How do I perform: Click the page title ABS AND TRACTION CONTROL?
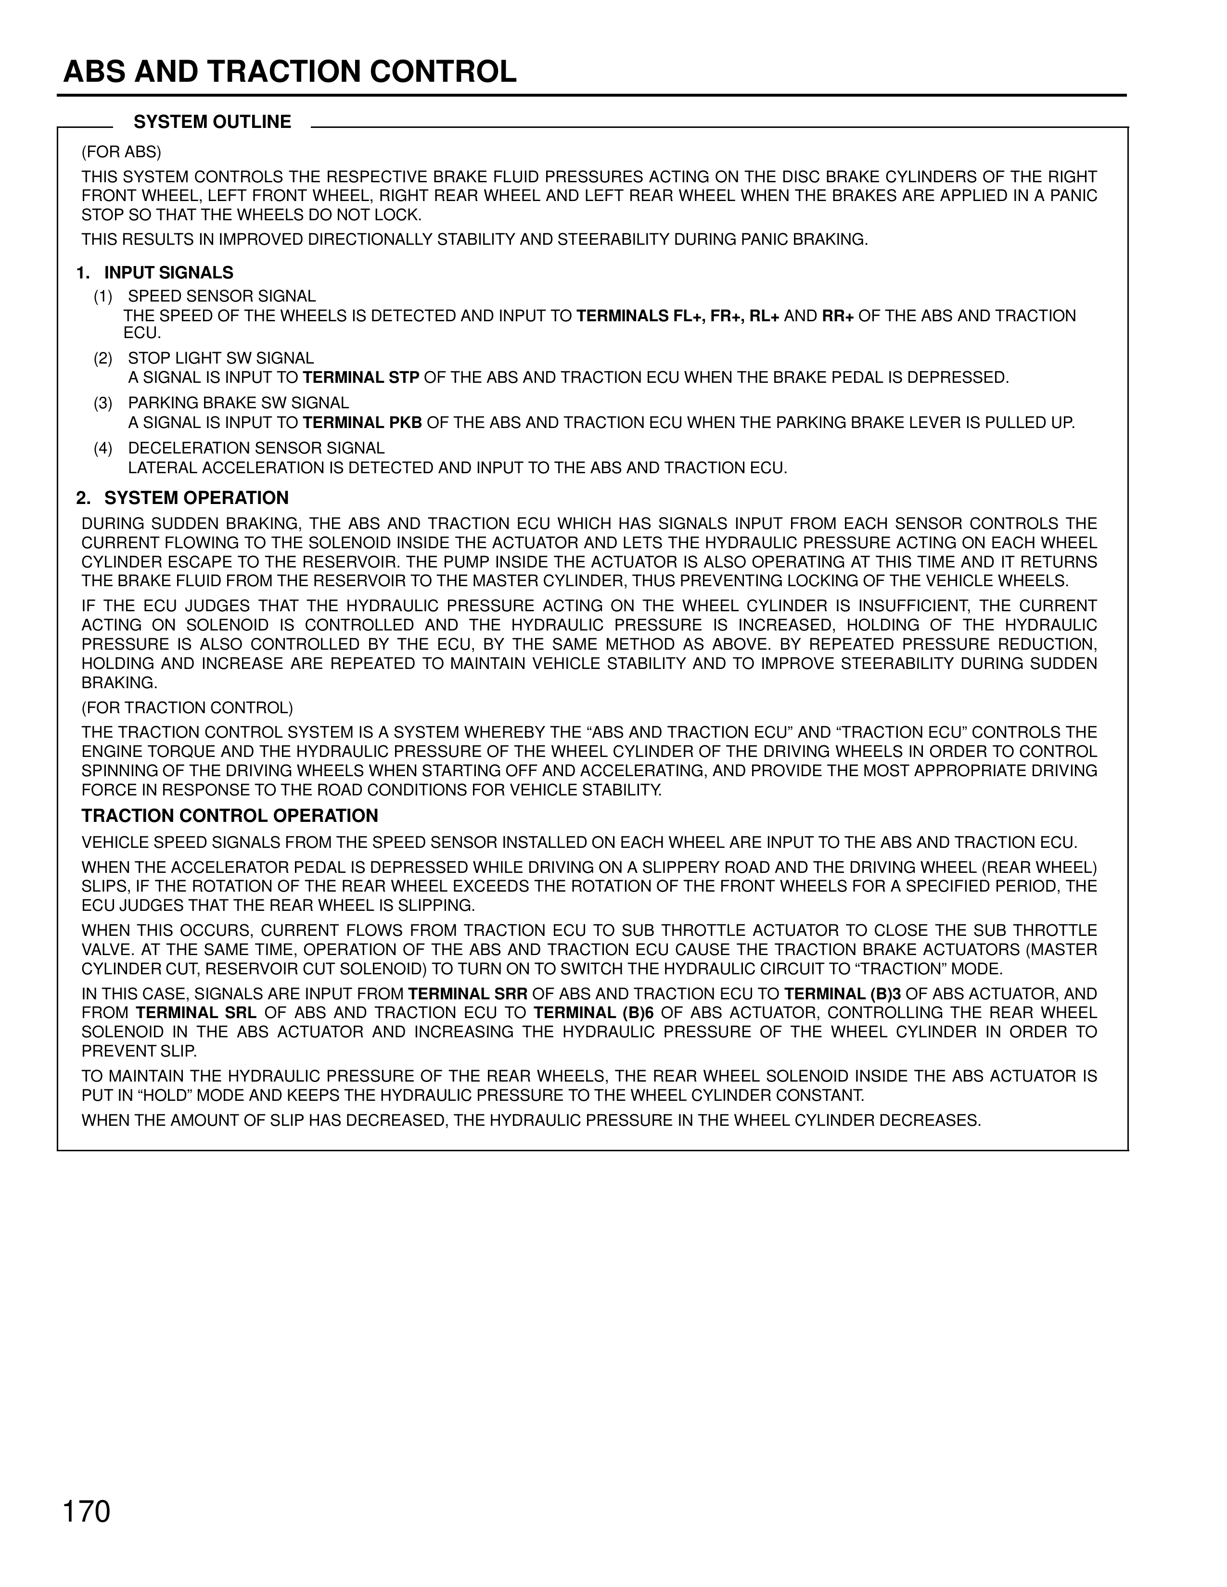click(289, 72)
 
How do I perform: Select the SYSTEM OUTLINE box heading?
click(212, 122)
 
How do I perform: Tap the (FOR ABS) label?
click(121, 152)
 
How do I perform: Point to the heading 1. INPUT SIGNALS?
click(155, 273)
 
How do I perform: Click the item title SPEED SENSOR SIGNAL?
click(222, 296)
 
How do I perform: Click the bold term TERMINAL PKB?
click(362, 423)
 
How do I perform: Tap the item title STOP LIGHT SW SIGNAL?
click(221, 358)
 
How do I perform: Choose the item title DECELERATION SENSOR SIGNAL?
click(256, 448)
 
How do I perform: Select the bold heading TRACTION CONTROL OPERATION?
click(230, 816)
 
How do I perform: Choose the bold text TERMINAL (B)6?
click(594, 1013)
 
